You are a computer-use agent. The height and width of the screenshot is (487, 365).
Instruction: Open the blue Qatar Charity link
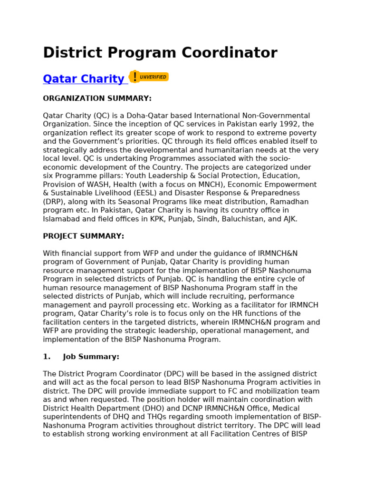click(84, 79)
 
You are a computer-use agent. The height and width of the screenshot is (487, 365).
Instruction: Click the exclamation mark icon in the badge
click(135, 77)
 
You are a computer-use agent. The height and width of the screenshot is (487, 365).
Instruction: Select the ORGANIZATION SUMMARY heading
click(97, 98)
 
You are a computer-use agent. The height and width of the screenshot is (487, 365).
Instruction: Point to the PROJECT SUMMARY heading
click(83, 236)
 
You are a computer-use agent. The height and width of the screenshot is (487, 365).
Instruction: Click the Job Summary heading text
click(91, 357)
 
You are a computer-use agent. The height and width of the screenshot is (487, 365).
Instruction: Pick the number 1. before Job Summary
click(47, 357)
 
